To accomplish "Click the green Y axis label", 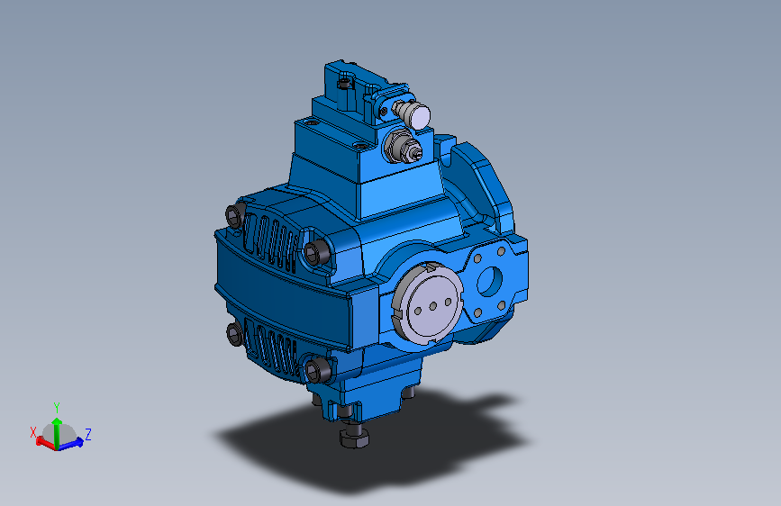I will (57, 407).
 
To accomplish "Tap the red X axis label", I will (33, 431).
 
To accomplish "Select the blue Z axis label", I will (87, 434).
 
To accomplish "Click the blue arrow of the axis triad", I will (76, 441).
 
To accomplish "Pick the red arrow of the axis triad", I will (41, 440).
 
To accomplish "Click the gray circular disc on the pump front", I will (429, 305).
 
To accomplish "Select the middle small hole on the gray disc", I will (433, 305).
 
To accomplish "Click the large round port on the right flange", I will (490, 281).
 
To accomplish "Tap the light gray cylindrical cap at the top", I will (418, 114).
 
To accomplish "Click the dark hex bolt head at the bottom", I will (352, 437).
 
